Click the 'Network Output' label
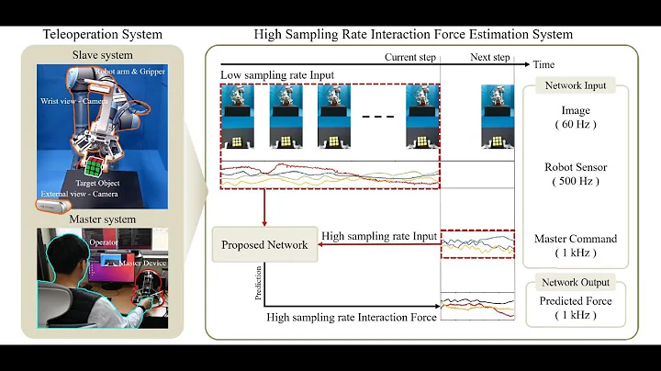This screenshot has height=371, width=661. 576,285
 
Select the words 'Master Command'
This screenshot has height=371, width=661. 577,239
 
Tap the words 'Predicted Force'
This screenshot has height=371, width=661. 577,300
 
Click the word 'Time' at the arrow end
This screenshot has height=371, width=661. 544,64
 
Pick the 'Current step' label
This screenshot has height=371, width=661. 410,56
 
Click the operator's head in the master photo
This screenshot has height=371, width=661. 57,250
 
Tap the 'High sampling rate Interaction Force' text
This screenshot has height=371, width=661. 352,317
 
